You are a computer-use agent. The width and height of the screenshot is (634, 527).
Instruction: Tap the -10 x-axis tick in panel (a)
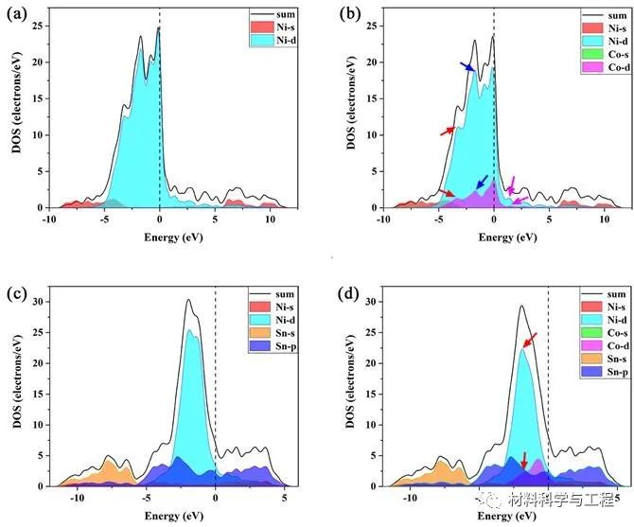[x=49, y=219]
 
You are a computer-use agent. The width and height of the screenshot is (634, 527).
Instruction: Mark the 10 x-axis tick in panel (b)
[x=605, y=219]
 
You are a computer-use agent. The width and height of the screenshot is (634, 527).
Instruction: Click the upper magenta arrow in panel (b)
[x=512, y=184]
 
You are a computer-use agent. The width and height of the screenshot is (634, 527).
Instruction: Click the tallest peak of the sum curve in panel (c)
[x=188, y=301]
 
